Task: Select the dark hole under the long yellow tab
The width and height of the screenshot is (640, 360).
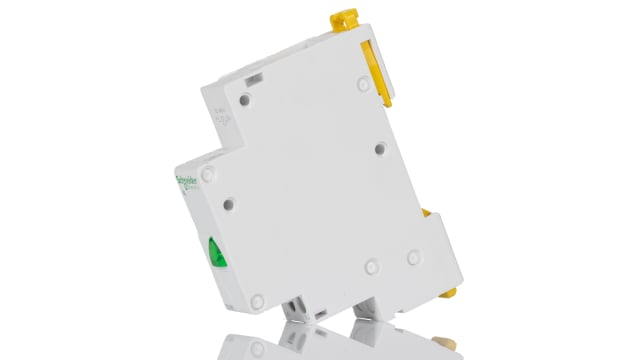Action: point(380,148)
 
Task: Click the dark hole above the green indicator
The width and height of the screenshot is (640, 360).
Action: point(228,204)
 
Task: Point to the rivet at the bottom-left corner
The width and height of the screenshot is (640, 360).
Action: point(257,299)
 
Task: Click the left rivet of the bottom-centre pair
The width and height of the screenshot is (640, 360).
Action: point(370,268)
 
